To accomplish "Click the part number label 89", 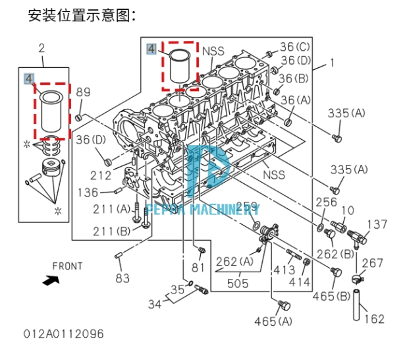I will (x=84, y=92).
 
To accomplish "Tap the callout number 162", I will (x=374, y=319).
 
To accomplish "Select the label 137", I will (x=377, y=225).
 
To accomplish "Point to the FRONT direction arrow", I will (x=49, y=280).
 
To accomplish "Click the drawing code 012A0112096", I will (x=65, y=334).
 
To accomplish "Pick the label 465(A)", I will (x=273, y=321).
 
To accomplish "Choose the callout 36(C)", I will (x=294, y=47).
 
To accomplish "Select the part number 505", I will (x=238, y=284).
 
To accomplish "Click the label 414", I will (x=300, y=283).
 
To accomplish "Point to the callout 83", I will (x=122, y=278).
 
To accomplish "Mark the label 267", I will (x=372, y=263).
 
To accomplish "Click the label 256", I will (x=325, y=202).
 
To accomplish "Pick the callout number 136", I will (x=89, y=193).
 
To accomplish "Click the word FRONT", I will (x=68, y=266).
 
